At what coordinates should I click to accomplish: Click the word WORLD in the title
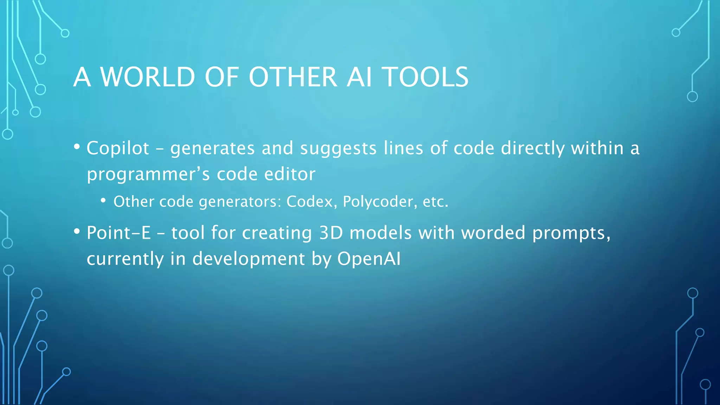click(x=148, y=77)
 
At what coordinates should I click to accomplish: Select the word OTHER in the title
click(x=293, y=77)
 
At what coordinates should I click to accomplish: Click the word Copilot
click(x=118, y=148)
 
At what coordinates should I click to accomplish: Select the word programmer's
click(x=148, y=174)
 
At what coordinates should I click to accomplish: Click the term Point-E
click(x=119, y=233)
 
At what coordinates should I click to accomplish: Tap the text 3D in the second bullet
click(x=331, y=233)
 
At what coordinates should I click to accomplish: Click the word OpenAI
click(x=369, y=259)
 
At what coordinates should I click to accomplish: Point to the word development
click(x=248, y=259)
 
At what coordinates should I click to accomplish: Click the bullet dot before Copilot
click(x=77, y=146)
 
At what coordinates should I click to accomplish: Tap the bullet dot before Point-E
click(x=77, y=231)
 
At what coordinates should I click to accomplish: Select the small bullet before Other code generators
click(x=103, y=200)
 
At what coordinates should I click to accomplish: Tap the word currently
click(x=125, y=259)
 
